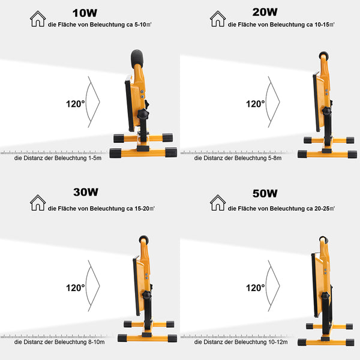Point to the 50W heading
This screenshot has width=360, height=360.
coord(265,193)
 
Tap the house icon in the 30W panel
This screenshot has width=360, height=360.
coord(38,202)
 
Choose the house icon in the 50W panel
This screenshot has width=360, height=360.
coord(218,202)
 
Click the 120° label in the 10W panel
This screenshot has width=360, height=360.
coord(76,103)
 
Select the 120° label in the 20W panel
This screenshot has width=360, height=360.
coord(256,103)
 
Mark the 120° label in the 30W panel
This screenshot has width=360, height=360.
coord(76,287)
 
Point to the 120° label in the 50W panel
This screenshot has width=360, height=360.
coord(256,287)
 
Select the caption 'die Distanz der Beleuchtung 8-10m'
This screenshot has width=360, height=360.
coord(59,342)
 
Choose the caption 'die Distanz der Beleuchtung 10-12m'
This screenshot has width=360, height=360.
coord(240,342)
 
